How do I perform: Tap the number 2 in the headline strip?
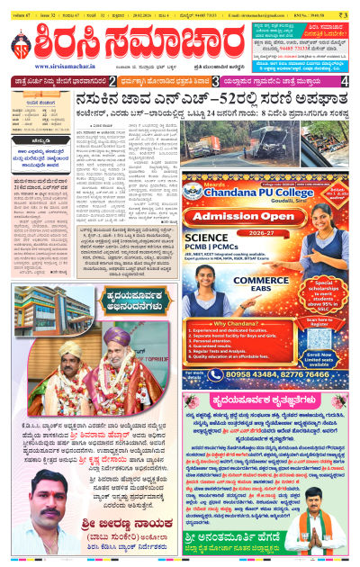112,82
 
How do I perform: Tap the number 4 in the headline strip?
345,82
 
